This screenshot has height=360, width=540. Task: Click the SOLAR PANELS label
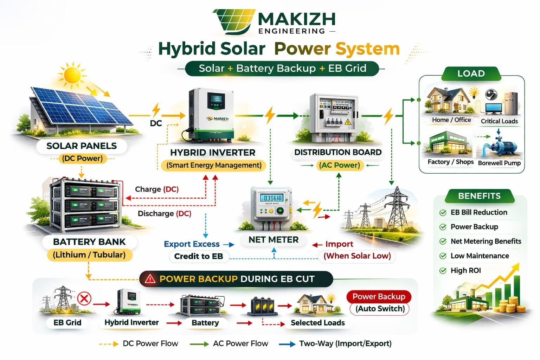pyautogui.click(x=82, y=146)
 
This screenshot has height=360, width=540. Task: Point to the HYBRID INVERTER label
pyautogui.click(x=213, y=153)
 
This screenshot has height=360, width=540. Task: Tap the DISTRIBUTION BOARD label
pyautogui.click(x=338, y=152)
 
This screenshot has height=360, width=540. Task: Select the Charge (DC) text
pyautogui.click(x=157, y=189)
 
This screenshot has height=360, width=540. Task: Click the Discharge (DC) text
pyautogui.click(x=164, y=213)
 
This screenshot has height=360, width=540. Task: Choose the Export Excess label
pyautogui.click(x=192, y=244)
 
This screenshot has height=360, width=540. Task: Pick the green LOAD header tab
pyautogui.click(x=471, y=73)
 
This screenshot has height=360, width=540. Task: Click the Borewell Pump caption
pyautogui.click(x=499, y=163)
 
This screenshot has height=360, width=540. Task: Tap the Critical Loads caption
pyautogui.click(x=499, y=121)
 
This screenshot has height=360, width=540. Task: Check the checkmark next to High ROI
pyautogui.click(x=443, y=271)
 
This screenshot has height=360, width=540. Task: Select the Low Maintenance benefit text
pyautogui.click(x=480, y=256)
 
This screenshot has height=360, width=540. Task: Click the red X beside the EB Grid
pyautogui.click(x=84, y=299)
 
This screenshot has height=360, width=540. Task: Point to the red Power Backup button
pyautogui.click(x=379, y=297)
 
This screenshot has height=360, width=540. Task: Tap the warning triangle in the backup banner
pyautogui.click(x=150, y=279)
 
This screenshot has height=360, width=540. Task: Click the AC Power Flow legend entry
pyautogui.click(x=240, y=343)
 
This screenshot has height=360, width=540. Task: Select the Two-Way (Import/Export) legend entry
pyautogui.click(x=345, y=343)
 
